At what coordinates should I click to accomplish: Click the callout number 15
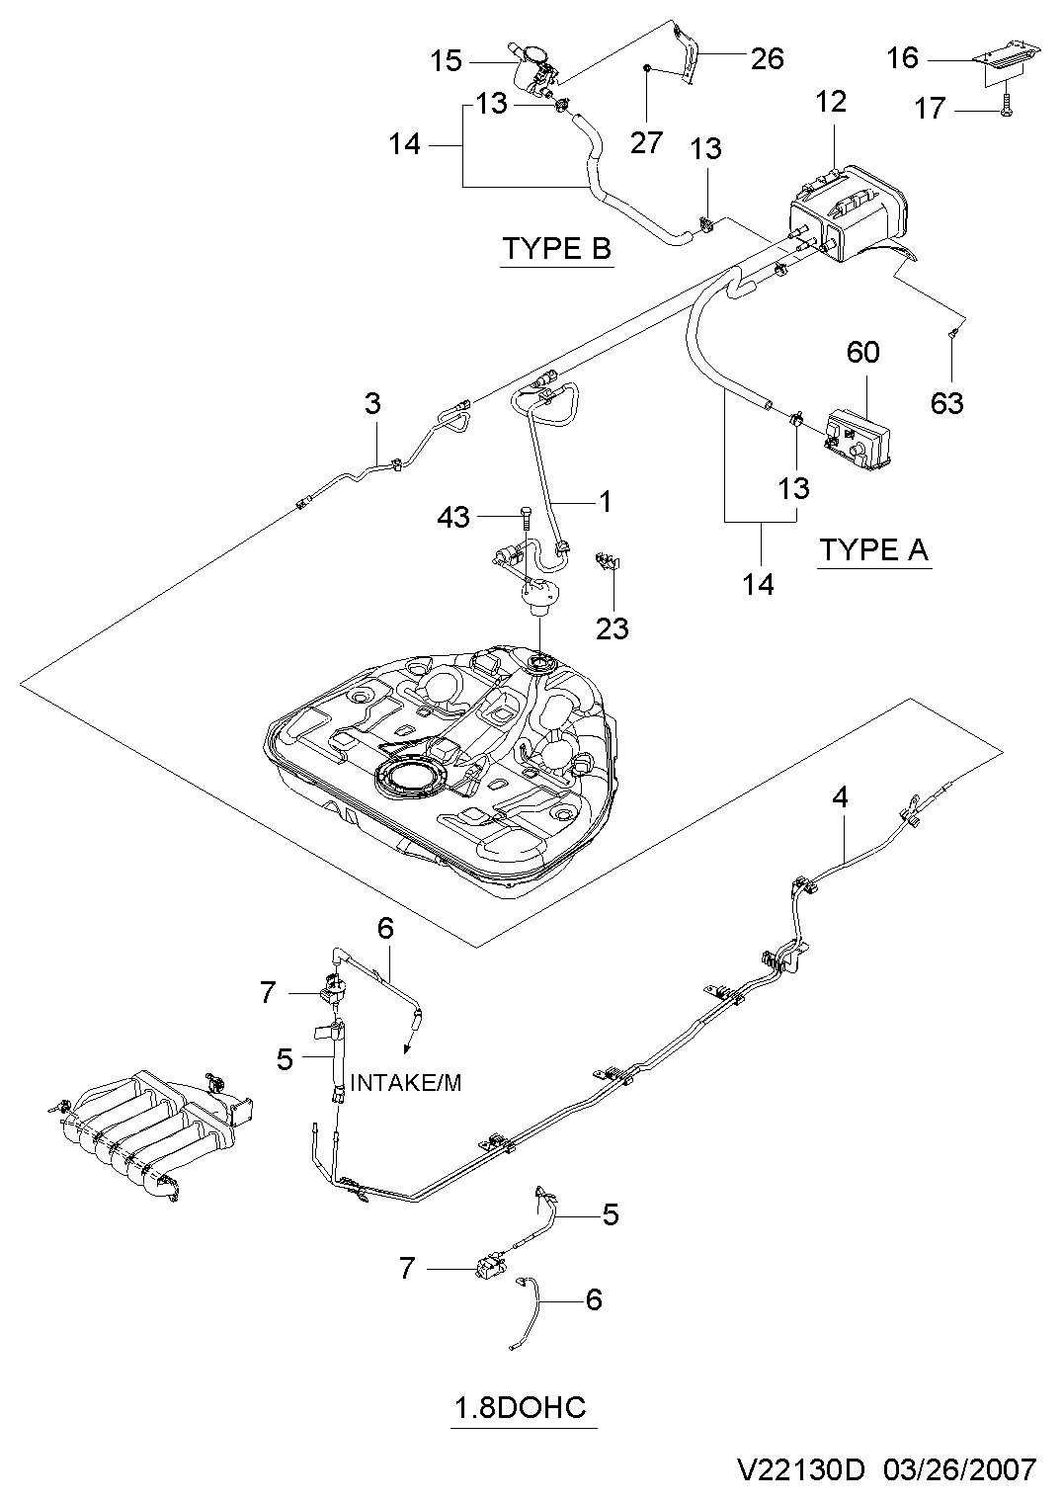[446, 61]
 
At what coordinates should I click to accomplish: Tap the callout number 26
[768, 58]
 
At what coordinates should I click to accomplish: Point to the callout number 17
[930, 108]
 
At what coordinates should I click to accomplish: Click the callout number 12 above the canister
[831, 102]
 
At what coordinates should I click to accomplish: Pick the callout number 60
[862, 352]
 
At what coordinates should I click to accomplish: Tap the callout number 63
[947, 403]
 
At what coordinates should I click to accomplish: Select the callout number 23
[613, 628]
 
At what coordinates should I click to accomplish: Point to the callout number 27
[647, 142]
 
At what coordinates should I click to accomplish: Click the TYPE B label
[557, 249]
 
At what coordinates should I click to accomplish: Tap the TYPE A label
[874, 549]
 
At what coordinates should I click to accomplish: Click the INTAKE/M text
[406, 1083]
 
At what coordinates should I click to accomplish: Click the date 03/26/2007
[960, 1469]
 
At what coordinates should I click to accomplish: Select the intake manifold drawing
[151, 1133]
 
